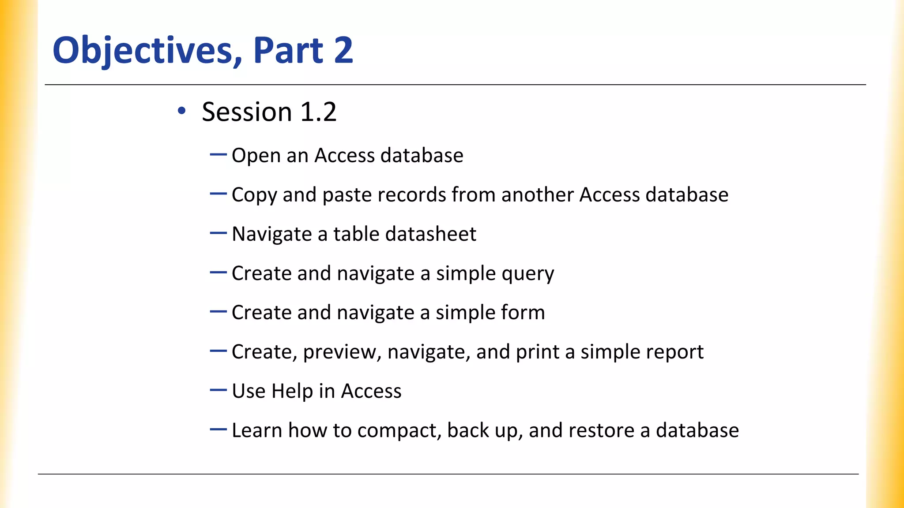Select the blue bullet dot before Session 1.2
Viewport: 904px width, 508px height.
181,111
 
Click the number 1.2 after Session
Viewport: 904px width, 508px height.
318,112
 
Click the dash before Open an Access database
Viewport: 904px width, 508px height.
218,155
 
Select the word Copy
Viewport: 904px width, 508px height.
254,195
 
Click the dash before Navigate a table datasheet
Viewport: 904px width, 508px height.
218,233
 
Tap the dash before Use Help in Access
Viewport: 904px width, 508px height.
218,390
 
